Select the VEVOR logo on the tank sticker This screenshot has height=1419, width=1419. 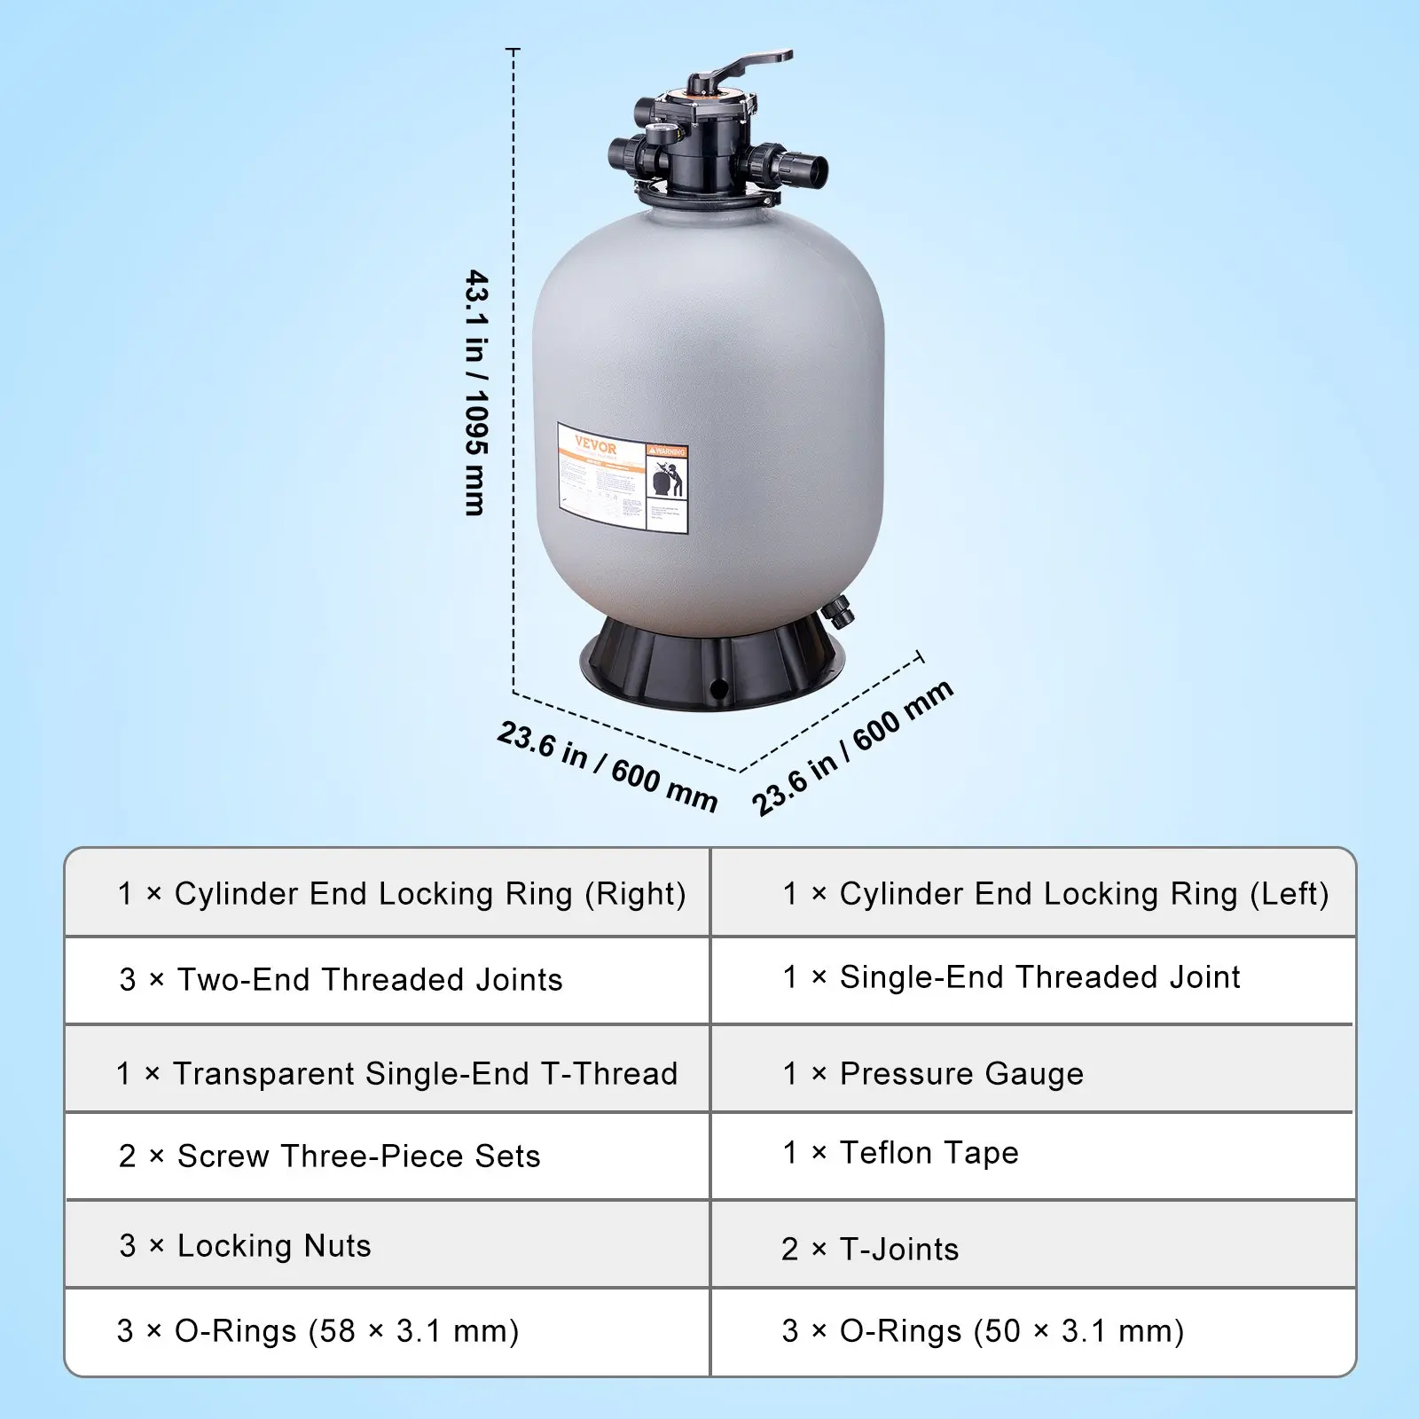(x=595, y=446)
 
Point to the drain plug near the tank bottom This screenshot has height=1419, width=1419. (x=836, y=611)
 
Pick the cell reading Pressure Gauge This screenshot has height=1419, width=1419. (x=961, y=1074)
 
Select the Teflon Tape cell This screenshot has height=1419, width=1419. (x=929, y=1153)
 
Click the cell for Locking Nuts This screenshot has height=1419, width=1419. (x=274, y=1246)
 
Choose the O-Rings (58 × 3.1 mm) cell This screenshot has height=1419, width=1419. (x=346, y=1331)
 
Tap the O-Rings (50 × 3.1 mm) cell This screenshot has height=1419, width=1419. (x=1011, y=1331)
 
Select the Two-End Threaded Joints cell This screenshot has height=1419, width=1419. (x=370, y=980)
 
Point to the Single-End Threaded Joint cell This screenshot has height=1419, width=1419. (x=1039, y=977)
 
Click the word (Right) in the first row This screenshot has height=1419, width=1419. (x=635, y=894)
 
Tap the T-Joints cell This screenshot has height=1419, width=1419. (x=899, y=1250)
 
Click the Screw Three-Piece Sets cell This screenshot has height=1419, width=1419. (x=358, y=1156)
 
